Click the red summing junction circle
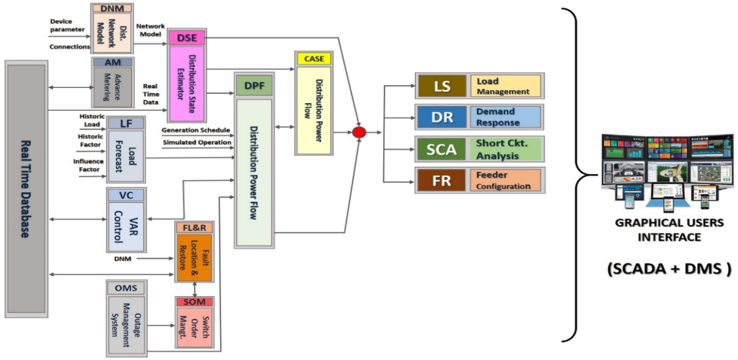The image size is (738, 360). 359,132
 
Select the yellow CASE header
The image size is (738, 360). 313,59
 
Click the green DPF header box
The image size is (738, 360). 254,86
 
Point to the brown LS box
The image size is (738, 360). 442,86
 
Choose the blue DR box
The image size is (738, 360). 442,117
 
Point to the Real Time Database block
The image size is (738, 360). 26,188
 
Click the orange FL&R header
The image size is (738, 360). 194,228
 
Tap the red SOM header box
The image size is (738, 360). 194,301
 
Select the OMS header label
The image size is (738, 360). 126,288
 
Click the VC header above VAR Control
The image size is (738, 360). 126,195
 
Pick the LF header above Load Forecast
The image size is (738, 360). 126,123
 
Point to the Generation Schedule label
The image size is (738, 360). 196,130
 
